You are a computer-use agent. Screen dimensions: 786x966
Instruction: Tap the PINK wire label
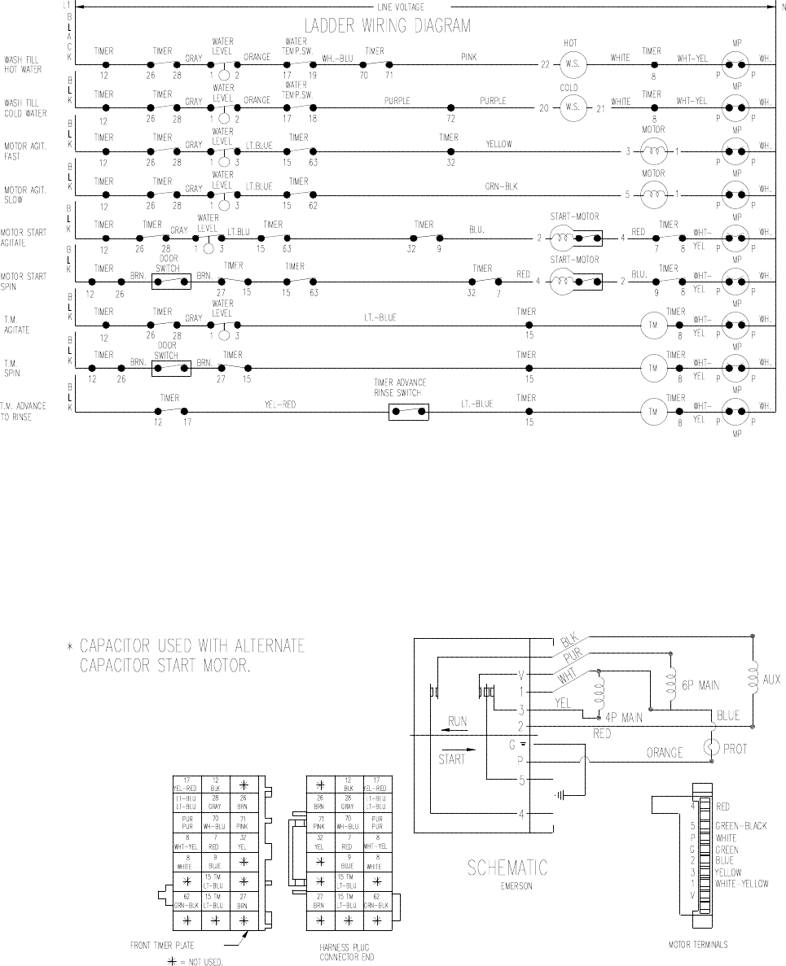(468, 58)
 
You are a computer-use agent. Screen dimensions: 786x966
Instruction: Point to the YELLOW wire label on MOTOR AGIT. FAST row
(499, 144)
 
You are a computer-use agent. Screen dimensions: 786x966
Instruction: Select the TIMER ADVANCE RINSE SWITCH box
(409, 412)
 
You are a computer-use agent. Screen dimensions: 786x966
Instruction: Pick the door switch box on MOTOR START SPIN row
(171, 281)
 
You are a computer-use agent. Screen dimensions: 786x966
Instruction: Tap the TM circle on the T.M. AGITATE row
(652, 325)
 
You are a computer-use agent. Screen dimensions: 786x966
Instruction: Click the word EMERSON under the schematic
(507, 886)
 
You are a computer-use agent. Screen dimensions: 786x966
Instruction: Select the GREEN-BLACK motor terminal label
(740, 826)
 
